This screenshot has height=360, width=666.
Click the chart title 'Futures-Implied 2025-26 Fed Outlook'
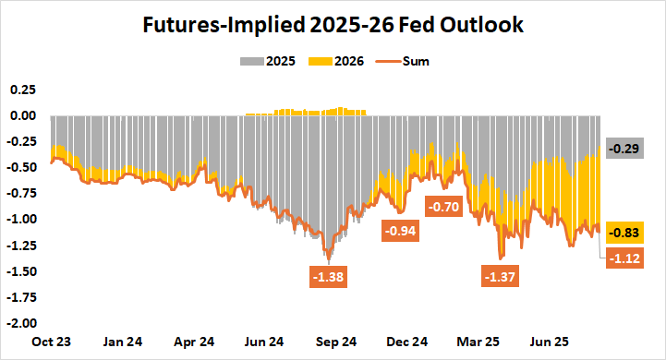tap(333, 26)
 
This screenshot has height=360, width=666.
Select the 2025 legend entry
tap(274, 62)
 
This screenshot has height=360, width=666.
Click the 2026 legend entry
tap(340, 62)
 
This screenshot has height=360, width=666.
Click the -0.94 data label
tap(400, 231)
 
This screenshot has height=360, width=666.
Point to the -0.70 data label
tap(443, 207)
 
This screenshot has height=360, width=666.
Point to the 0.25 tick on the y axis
tap(22, 90)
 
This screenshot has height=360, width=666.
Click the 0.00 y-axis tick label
tap(22, 115)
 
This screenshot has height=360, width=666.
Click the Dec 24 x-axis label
tap(408, 342)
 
